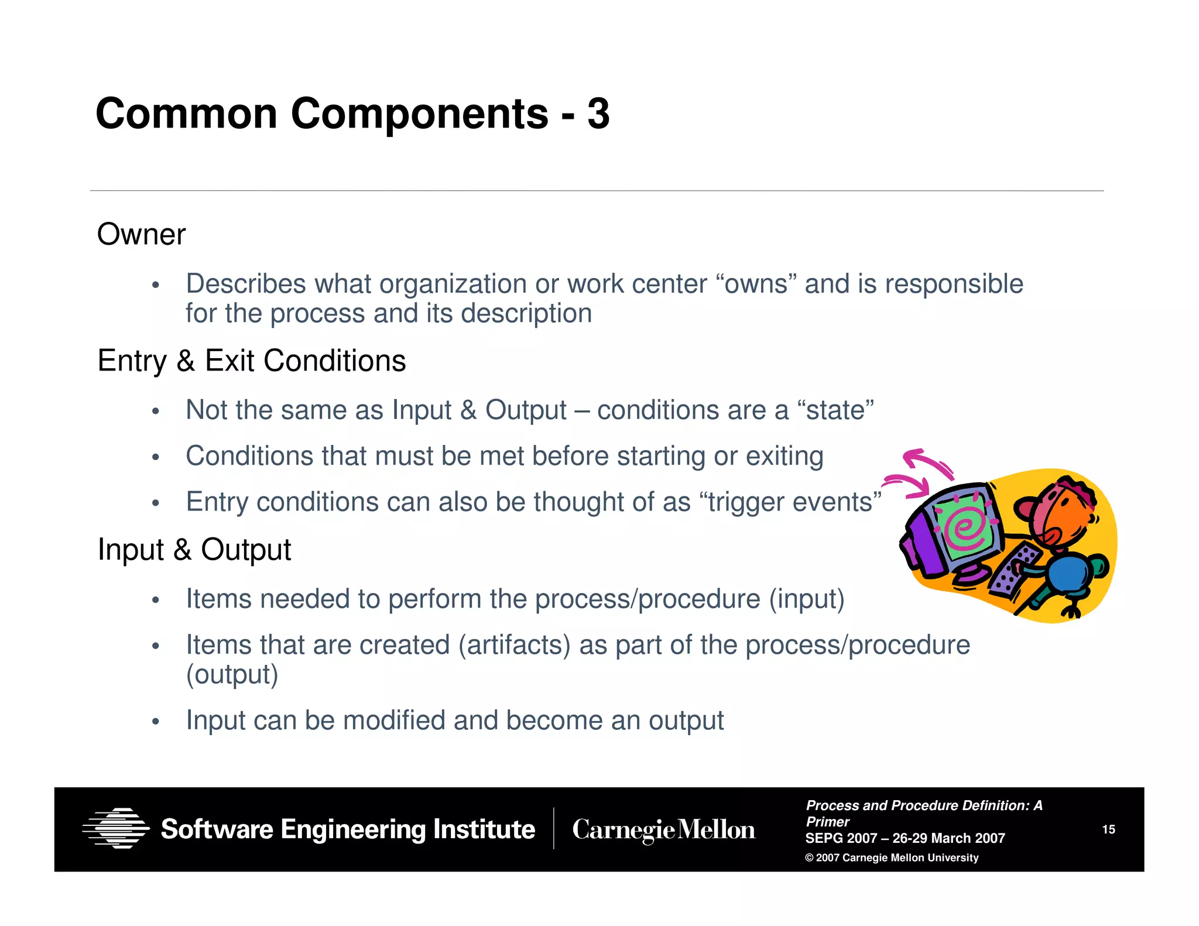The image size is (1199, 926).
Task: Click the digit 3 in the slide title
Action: point(598,114)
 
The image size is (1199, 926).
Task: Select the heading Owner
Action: point(141,235)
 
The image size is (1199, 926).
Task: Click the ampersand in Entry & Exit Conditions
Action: point(186,361)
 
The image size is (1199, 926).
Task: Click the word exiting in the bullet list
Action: point(784,456)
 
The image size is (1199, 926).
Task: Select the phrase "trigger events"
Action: point(790,502)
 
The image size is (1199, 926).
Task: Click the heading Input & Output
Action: point(194,550)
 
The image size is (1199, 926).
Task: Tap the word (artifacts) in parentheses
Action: point(514,645)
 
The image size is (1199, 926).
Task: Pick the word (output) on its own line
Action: point(232,674)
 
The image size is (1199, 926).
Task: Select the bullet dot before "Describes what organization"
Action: point(155,286)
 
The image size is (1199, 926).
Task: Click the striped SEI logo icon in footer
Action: point(116,828)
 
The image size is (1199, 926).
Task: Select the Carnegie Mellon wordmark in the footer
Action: point(663,829)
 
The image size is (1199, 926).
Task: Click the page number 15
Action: point(1108,829)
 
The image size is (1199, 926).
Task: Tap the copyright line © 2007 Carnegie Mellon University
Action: point(892,858)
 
